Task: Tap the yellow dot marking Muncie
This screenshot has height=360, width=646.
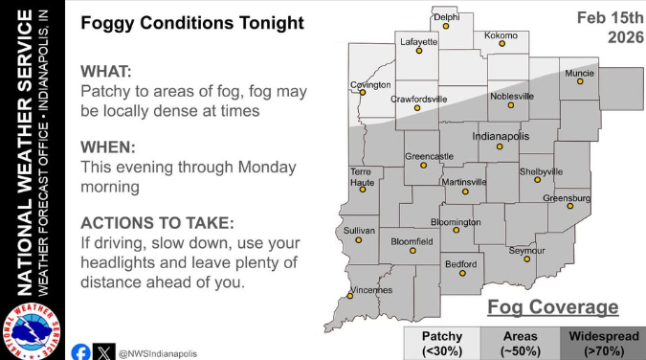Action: tap(580, 82)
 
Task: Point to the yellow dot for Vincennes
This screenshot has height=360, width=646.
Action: tap(350, 297)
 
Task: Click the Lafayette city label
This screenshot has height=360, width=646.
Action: tap(417, 43)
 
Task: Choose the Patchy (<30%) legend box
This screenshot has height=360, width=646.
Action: tap(441, 342)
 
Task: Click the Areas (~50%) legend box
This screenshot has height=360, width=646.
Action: tap(520, 342)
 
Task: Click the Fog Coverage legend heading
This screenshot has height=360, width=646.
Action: tap(552, 307)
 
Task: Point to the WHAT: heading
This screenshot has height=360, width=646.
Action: tap(108, 73)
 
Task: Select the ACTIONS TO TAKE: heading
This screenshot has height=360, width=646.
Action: tap(156, 222)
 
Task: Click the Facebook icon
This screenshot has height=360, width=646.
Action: tap(81, 352)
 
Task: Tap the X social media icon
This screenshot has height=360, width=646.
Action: tap(105, 352)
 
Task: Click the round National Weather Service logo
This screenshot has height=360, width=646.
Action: tap(29, 330)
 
